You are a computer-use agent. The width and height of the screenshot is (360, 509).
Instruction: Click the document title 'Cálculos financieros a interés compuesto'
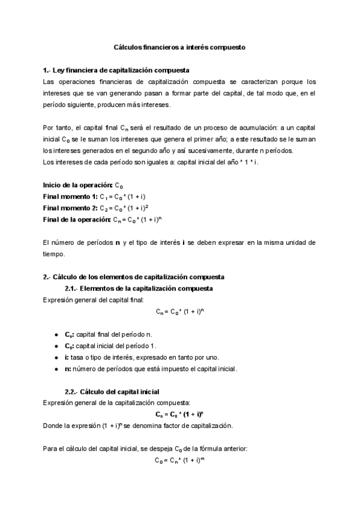[x=180, y=46]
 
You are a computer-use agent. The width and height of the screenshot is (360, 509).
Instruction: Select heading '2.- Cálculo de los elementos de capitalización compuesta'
[x=133, y=277]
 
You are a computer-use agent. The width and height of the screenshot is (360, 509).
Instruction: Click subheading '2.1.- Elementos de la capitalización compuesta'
[x=137, y=289]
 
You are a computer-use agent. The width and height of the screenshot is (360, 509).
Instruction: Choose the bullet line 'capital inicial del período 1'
[x=110, y=346]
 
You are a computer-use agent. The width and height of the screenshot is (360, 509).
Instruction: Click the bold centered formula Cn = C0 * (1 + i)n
[x=179, y=415]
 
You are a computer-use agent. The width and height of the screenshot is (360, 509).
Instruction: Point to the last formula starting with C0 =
[x=179, y=460]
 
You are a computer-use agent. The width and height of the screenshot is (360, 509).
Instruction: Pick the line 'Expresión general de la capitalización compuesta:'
[x=117, y=403]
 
